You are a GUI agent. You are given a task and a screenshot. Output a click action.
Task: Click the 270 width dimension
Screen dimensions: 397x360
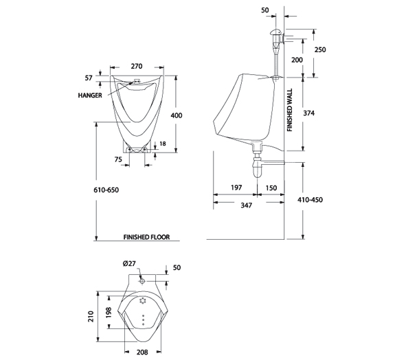[x=137, y=67]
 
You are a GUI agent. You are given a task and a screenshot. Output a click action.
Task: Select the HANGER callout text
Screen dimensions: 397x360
[x=90, y=95]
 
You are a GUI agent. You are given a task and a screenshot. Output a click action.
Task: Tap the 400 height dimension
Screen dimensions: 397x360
[x=177, y=115]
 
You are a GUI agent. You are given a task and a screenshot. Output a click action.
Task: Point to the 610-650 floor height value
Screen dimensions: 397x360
[x=106, y=190]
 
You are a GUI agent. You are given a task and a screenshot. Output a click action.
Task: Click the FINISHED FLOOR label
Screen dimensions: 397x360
[x=146, y=237]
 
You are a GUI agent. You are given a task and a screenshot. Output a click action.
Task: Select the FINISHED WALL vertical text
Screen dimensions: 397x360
[x=290, y=110]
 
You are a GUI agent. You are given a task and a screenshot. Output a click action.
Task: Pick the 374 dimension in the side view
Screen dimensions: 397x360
[x=309, y=113]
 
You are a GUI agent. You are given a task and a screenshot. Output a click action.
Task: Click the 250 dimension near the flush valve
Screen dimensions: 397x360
[x=320, y=49]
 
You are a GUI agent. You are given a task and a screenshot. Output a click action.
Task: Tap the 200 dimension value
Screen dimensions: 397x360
[x=297, y=60]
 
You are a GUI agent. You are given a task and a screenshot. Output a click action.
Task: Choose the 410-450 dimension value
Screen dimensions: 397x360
[x=310, y=200]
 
